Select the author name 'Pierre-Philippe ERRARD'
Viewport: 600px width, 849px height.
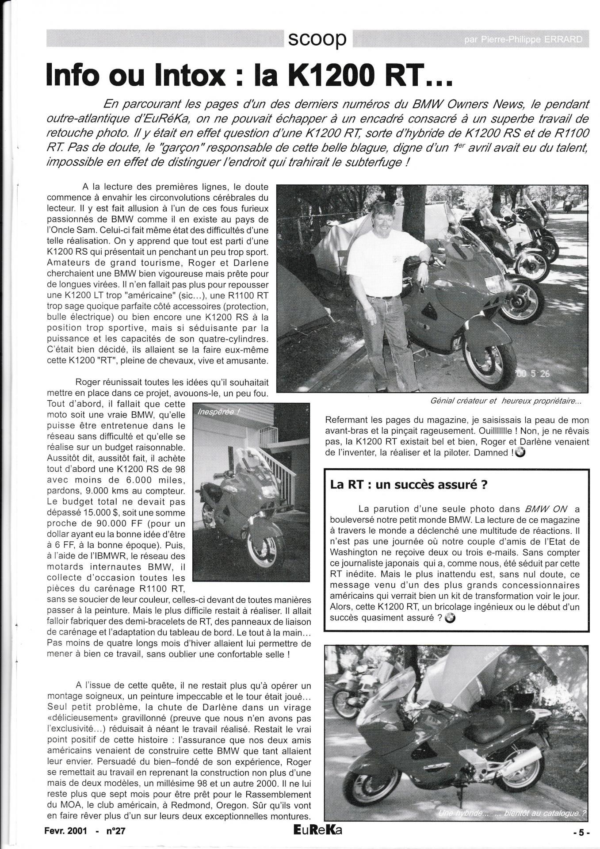[x=522, y=40]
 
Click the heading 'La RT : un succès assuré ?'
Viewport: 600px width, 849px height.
[x=409, y=484]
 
